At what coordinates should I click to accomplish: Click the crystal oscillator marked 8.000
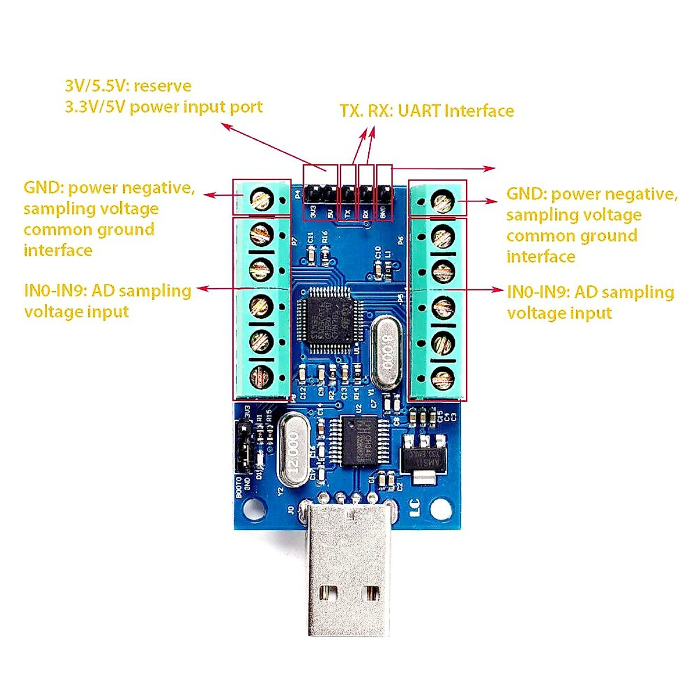[x=387, y=351]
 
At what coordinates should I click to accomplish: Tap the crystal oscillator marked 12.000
[x=294, y=450]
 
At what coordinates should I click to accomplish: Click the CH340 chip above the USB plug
[x=365, y=441]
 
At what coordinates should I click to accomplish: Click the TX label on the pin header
[x=348, y=213]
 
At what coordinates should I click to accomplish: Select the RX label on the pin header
[x=365, y=213]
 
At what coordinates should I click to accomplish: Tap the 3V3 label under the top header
[x=313, y=211]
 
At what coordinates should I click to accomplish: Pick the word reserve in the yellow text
[x=162, y=86]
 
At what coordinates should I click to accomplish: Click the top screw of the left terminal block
[x=261, y=200]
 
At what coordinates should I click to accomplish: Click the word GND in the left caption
[x=43, y=188]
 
